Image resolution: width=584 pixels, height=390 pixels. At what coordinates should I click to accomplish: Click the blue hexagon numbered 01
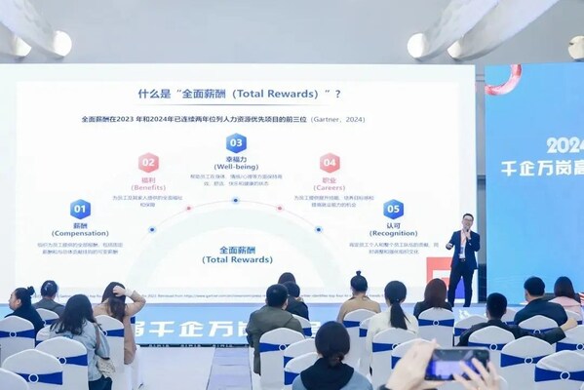click(80, 209)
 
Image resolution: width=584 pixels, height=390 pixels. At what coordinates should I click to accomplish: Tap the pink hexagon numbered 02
click(148, 163)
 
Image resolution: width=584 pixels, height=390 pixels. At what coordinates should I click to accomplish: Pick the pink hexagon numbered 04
click(330, 163)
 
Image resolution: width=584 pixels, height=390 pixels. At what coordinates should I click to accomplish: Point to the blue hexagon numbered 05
click(393, 209)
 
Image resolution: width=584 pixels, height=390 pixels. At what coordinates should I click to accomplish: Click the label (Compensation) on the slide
click(80, 232)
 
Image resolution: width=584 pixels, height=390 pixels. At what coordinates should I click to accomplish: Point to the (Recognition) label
click(393, 232)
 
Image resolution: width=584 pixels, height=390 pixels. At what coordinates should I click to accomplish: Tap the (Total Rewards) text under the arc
click(236, 260)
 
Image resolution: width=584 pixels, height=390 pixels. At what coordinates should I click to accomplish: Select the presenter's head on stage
click(468, 220)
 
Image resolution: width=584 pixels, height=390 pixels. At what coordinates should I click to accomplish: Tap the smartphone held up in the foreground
click(456, 364)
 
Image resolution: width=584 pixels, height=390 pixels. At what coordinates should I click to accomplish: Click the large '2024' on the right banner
click(565, 145)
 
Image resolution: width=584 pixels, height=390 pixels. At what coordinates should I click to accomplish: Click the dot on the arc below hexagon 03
click(236, 200)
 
